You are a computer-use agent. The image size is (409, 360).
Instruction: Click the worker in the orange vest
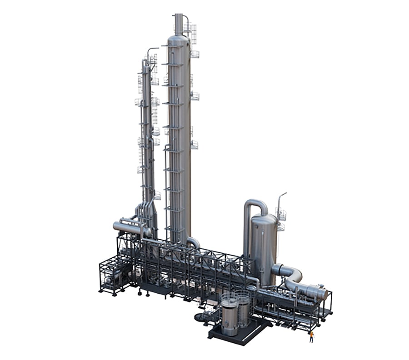coord(311,336)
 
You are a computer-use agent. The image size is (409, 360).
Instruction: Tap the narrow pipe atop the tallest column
coord(179,24)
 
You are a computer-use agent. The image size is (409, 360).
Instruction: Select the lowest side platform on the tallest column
coord(195,145)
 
